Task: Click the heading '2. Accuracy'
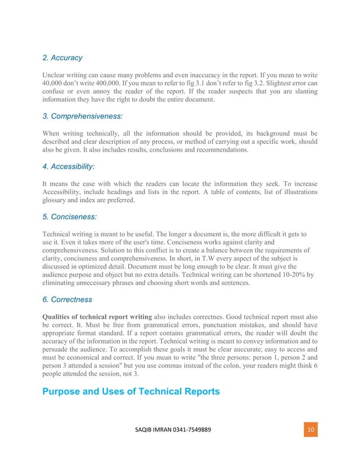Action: (62, 58)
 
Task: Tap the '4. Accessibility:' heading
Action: (68, 167)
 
